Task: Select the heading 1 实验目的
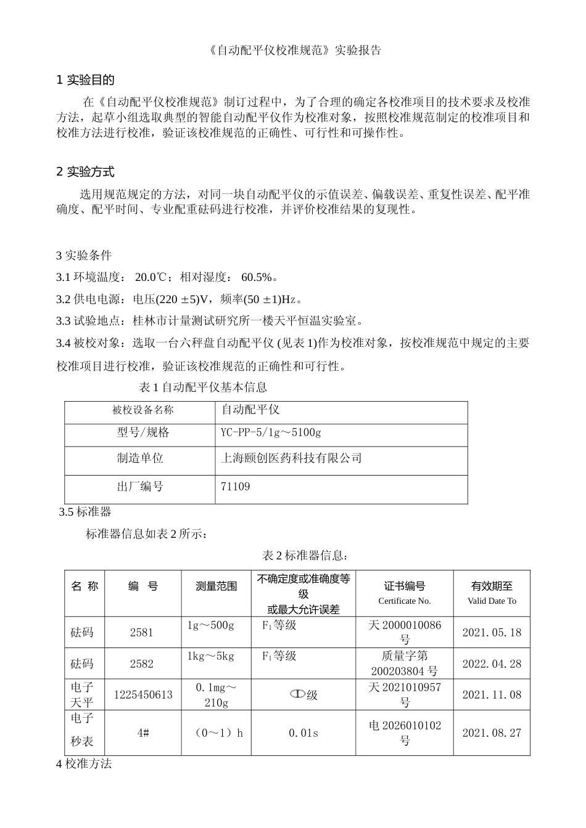[85, 80]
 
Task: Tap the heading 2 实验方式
[85, 172]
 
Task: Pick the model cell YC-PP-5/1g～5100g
[271, 432]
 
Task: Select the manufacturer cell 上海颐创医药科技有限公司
[291, 458]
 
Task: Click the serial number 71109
[235, 487]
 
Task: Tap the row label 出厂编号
[140, 487]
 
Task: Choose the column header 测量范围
[216, 586]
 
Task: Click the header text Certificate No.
[405, 601]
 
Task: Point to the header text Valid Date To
[492, 601]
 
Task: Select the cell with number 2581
[142, 632]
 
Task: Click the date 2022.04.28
[492, 664]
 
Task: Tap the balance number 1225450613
[143, 695]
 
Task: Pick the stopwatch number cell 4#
[143, 733]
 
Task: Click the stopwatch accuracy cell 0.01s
[303, 733]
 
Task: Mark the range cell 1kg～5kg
[211, 656]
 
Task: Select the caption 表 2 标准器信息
[305, 556]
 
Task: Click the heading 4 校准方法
[84, 764]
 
